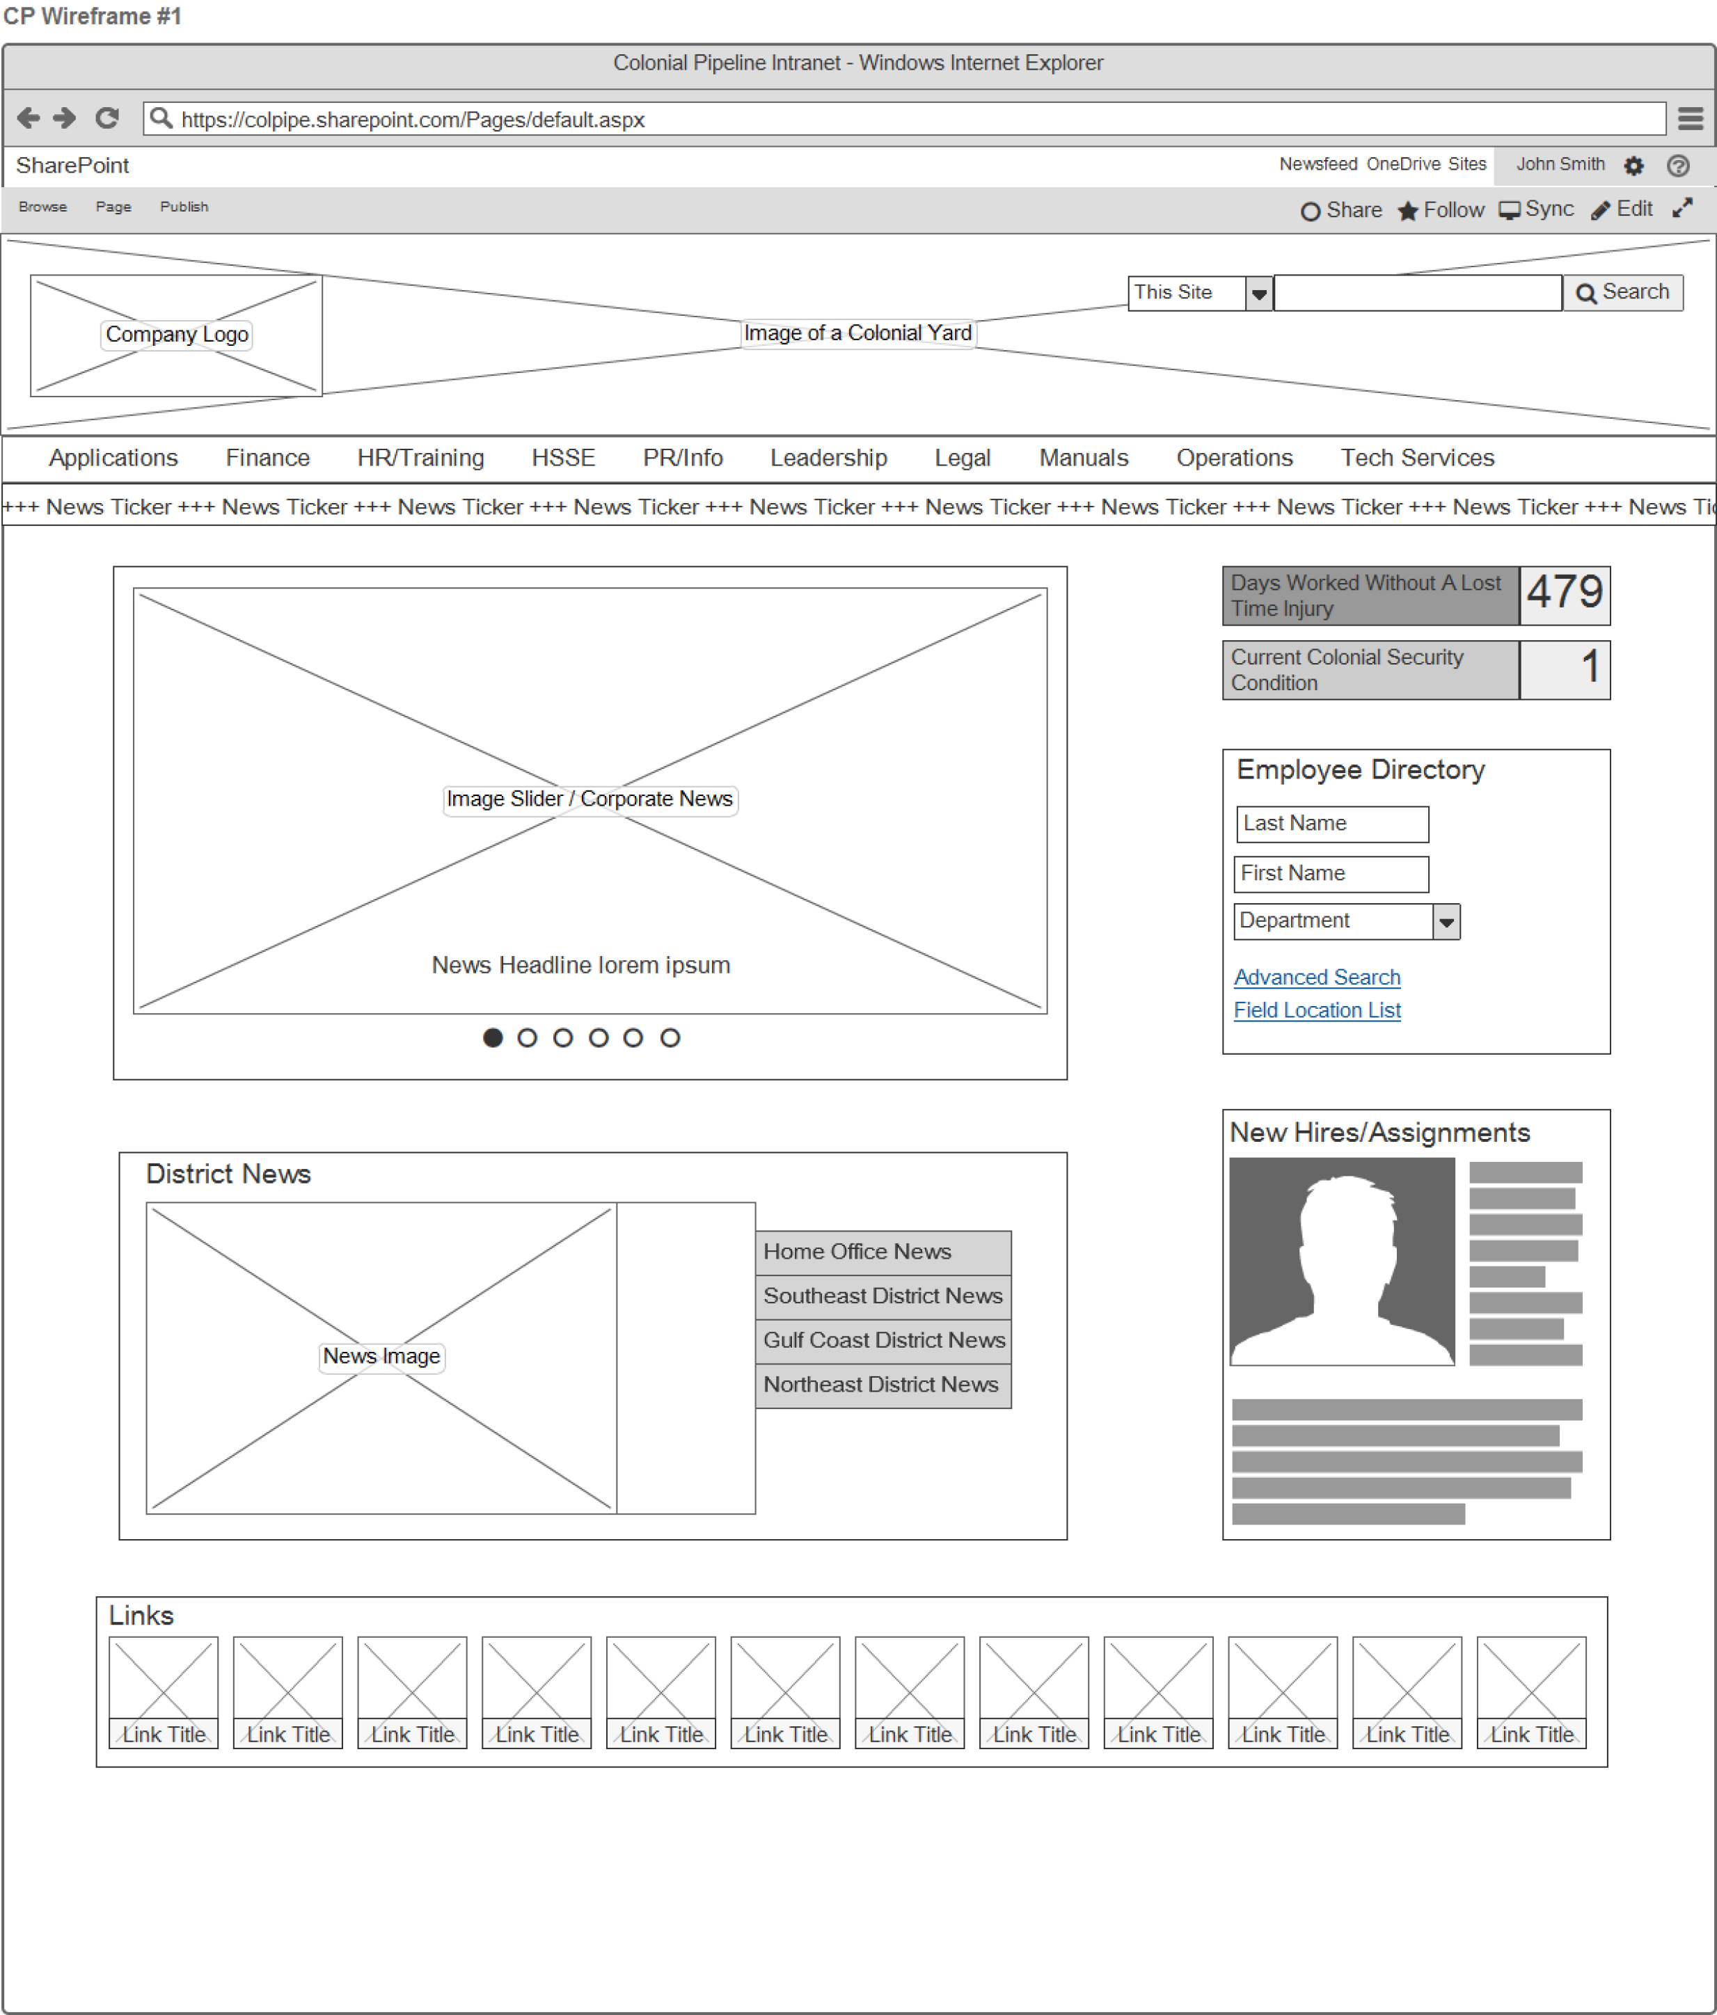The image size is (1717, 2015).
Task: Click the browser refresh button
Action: point(107,119)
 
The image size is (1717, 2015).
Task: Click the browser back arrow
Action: point(29,119)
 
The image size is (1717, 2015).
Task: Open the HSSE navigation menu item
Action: point(562,458)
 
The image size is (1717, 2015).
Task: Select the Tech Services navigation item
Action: point(1416,458)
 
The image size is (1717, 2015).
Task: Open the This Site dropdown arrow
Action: point(1259,294)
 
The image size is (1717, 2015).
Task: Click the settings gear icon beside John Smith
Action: point(1633,166)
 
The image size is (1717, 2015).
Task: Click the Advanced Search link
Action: point(1316,978)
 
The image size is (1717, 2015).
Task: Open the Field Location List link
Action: point(1316,1010)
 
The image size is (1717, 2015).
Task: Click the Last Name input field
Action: point(1331,825)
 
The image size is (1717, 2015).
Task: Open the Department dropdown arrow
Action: point(1446,922)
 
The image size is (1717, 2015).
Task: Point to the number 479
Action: point(1563,592)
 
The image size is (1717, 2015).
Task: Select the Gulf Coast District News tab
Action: point(883,1340)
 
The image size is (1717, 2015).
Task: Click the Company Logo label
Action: point(177,335)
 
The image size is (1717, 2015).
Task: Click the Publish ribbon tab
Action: point(184,207)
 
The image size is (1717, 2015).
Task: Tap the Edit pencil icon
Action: point(1600,211)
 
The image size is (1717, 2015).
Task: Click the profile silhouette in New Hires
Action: point(1341,1261)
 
